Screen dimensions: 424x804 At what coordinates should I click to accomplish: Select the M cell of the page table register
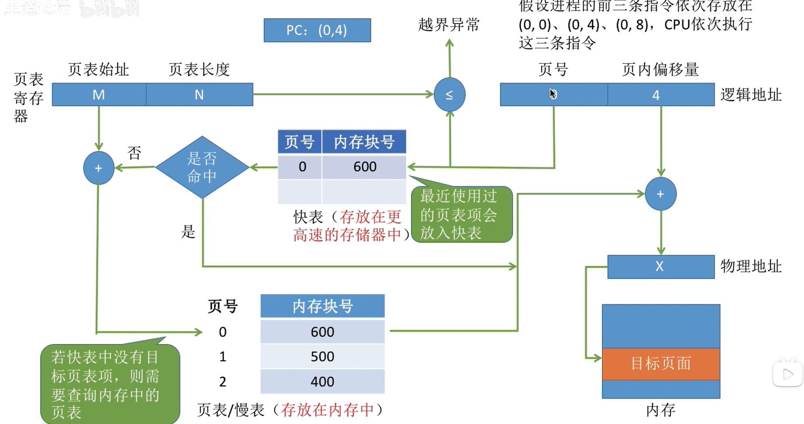point(99,94)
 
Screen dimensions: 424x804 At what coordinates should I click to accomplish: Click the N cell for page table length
point(199,94)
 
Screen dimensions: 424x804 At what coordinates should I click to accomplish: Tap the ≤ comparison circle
point(449,94)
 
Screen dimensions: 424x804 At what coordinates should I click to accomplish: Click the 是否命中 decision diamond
point(202,167)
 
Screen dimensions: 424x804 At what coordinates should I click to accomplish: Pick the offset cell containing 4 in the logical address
point(660,95)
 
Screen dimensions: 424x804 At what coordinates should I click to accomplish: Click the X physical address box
point(660,267)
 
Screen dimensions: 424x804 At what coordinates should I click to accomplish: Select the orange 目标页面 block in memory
point(660,364)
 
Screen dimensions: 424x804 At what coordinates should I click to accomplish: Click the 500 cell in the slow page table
point(322,357)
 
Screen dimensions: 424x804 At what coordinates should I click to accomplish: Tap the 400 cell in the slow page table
point(322,382)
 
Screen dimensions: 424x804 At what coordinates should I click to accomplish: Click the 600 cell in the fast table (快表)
point(364,167)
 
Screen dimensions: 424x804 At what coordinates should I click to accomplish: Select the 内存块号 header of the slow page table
point(322,306)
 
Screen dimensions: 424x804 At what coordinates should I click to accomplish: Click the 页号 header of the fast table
point(300,142)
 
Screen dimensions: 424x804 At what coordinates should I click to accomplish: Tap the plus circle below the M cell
point(99,168)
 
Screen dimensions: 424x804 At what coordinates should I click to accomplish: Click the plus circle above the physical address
point(660,194)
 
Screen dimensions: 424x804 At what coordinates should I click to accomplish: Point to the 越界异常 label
point(449,25)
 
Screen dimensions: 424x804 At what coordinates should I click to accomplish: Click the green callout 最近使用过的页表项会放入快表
point(461,215)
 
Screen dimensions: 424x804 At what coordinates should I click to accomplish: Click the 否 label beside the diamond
point(135,153)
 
